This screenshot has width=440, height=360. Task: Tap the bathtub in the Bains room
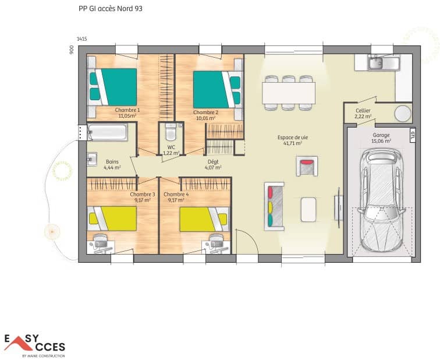click(107, 132)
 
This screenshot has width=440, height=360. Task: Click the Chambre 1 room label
click(127, 110)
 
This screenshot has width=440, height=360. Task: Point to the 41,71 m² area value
click(292, 143)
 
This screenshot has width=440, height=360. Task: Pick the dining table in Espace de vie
click(289, 92)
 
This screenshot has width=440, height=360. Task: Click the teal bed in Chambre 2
click(214, 89)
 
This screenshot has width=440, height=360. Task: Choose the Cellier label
click(363, 110)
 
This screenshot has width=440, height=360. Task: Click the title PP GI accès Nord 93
click(110, 9)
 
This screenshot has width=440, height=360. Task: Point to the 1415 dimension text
click(82, 39)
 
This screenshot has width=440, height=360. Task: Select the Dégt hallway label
click(213, 161)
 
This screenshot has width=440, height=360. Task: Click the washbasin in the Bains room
click(92, 158)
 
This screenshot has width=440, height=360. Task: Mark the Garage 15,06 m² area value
click(382, 141)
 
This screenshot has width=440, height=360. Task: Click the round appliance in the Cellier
click(402, 113)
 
